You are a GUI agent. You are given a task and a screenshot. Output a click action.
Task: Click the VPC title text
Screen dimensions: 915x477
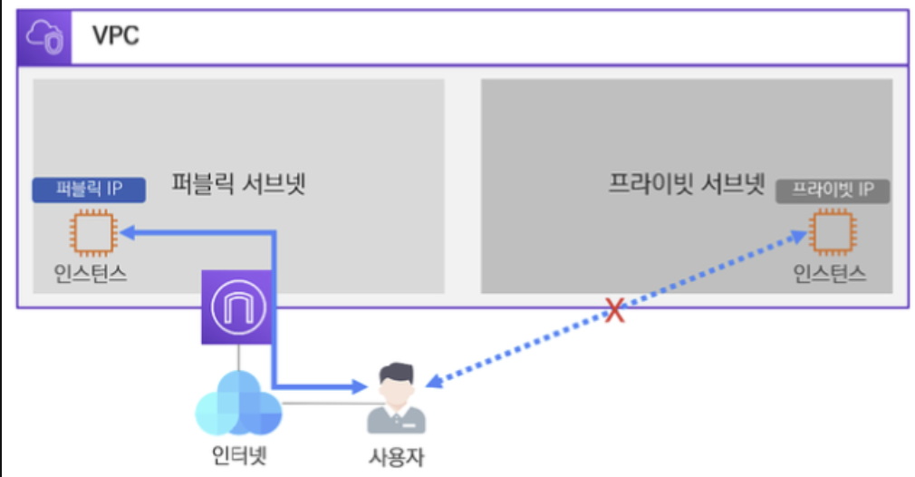pos(116,37)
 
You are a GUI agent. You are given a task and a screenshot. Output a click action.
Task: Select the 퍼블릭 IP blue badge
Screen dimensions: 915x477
pos(89,189)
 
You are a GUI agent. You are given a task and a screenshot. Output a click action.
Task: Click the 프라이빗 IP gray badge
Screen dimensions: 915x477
pos(833,190)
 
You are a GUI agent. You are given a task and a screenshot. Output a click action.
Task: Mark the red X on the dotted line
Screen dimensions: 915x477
pos(615,311)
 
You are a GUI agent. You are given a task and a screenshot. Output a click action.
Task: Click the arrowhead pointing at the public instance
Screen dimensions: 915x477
pos(124,233)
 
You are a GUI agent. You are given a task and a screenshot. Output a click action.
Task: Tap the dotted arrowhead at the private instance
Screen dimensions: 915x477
pos(799,237)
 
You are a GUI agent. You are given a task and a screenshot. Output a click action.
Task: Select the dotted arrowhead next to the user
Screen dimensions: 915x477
pos(434,383)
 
